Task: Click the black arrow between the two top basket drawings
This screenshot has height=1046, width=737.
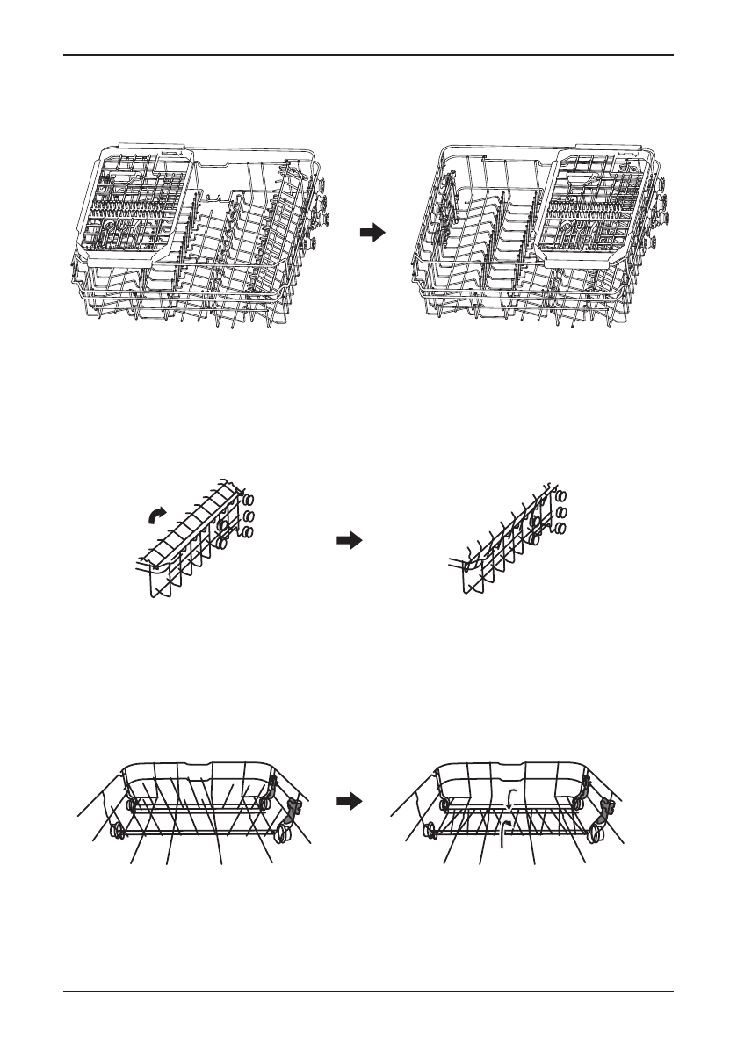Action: coord(373,233)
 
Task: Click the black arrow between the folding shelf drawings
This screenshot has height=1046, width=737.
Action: coord(350,542)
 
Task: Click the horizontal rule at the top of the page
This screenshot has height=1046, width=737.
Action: coord(368,55)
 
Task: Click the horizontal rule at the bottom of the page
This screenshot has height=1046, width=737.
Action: coord(368,993)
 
